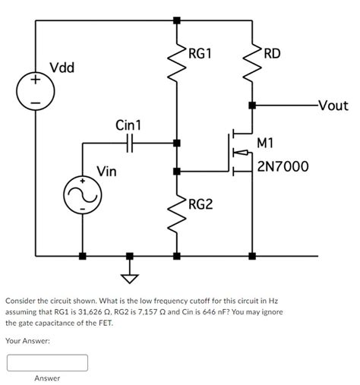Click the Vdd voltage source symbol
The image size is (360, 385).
35,90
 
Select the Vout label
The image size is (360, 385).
333,106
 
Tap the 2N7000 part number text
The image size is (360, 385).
283,166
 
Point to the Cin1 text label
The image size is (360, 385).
128,125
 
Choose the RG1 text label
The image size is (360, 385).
201,54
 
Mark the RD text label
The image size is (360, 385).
271,54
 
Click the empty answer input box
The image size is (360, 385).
47,362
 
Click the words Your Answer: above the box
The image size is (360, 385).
27,341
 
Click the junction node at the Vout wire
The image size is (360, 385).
252,106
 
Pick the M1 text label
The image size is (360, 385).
266,143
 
